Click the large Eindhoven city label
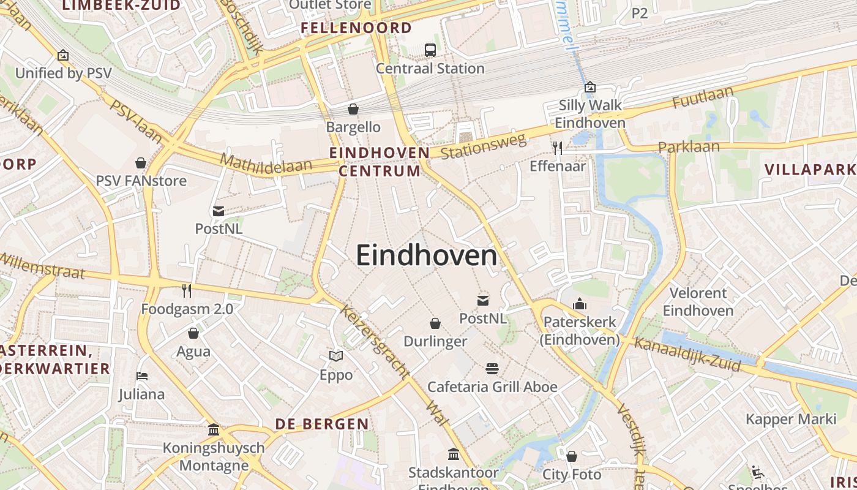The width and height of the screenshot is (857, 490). (427, 255)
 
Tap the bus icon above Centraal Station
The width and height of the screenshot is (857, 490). (430, 50)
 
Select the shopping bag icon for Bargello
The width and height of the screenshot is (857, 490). (353, 110)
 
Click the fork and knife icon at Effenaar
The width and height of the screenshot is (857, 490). (557, 148)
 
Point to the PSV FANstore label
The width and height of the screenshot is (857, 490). (141, 181)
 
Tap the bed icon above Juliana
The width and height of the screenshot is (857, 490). (142, 376)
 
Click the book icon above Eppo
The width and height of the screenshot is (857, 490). (336, 356)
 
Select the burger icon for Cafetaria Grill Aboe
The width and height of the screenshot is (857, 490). (492, 368)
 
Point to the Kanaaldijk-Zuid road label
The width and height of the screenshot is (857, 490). (687, 355)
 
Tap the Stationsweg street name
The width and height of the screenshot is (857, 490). (483, 146)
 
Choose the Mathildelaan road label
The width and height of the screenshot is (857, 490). (266, 164)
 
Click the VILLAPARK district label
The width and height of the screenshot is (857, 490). (810, 170)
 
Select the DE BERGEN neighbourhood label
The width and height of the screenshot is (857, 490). (322, 424)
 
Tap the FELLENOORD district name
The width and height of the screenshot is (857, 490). (356, 28)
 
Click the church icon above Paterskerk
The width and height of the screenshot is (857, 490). (579, 304)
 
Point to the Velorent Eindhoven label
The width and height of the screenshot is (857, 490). (698, 302)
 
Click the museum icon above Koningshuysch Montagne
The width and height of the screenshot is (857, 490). (214, 430)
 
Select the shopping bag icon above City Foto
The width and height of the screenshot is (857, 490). (572, 456)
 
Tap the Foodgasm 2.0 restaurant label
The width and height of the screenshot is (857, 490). (187, 309)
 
